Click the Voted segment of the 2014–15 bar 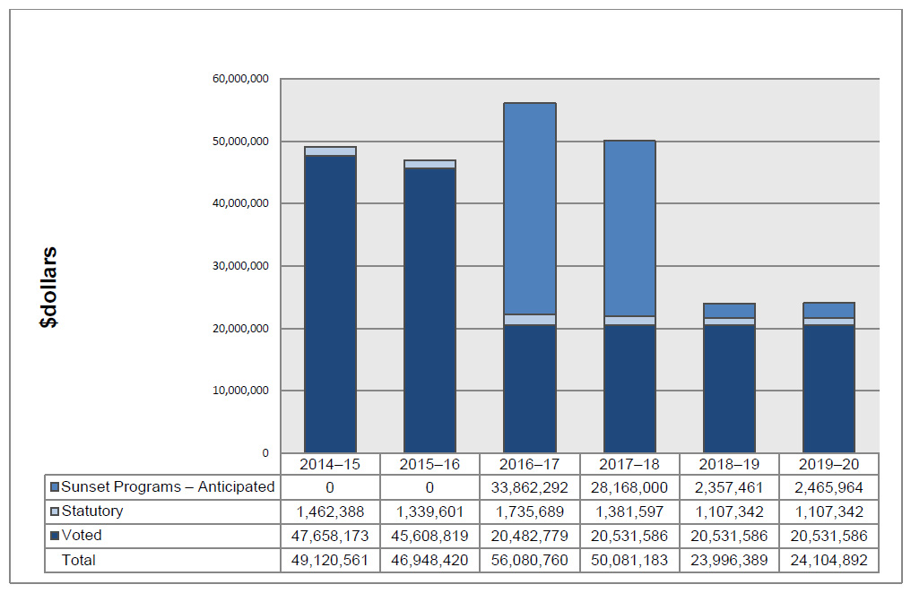330,305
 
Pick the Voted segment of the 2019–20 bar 829,389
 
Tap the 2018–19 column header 729,465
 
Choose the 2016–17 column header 529,465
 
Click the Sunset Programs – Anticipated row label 168,487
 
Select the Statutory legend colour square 55,511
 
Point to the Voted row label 82,536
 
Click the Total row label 78,560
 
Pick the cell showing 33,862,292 529,487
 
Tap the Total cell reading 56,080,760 529,560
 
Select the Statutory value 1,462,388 330,511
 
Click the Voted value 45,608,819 429,536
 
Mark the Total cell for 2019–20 829,560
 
